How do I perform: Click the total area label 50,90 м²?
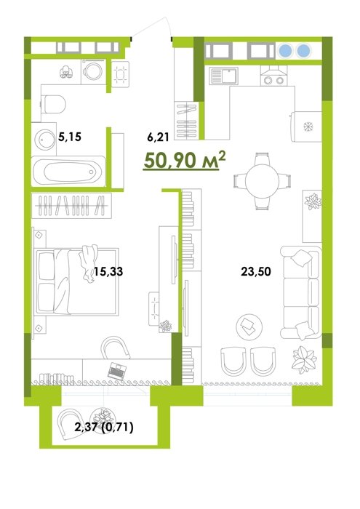185,160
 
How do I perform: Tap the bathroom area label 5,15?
70,137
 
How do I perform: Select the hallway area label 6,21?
158,137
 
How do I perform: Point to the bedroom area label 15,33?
108,271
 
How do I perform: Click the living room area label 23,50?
256,271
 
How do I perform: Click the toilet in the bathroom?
54,104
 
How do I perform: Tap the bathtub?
68,172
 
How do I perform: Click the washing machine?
94,72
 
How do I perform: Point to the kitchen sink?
223,76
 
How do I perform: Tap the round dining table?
262,181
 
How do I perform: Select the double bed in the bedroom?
76,281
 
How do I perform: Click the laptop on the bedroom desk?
117,371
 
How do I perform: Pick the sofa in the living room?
300,292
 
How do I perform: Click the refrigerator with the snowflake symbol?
306,127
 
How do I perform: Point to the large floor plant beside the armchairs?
304,359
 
